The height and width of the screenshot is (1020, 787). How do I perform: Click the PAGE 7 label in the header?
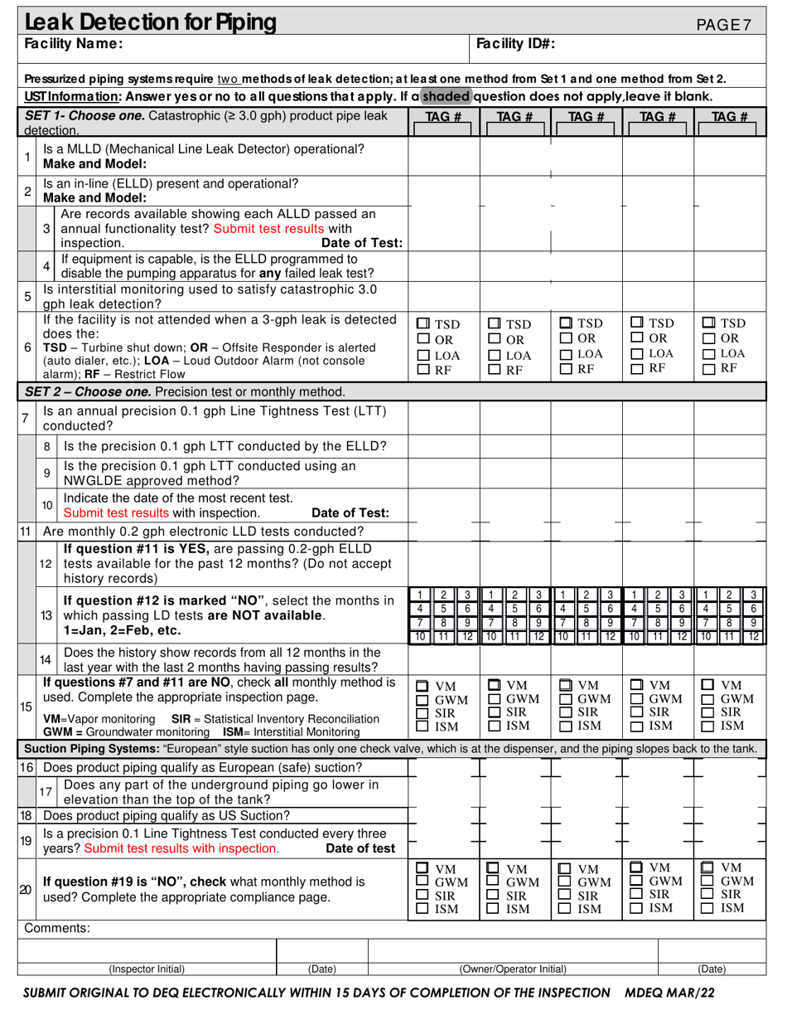(x=723, y=25)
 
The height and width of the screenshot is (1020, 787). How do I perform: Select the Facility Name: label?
(x=74, y=44)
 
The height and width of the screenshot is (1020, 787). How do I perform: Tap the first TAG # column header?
(x=443, y=117)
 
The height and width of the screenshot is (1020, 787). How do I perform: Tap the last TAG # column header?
(x=730, y=117)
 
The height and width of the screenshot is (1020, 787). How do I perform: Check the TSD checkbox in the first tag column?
(x=422, y=323)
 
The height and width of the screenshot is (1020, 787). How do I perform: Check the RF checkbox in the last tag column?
(x=709, y=370)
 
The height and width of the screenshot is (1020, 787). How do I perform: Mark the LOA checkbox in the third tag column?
(x=566, y=354)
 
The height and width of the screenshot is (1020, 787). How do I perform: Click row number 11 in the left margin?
(x=25, y=531)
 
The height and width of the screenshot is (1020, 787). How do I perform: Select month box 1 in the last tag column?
(x=705, y=595)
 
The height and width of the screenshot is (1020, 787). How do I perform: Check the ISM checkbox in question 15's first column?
(x=422, y=726)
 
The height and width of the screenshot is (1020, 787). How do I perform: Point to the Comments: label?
(x=57, y=928)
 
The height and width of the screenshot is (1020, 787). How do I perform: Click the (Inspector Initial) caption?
(x=147, y=969)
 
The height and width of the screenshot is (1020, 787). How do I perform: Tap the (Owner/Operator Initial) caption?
(x=513, y=969)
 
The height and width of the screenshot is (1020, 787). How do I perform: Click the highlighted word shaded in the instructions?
(x=447, y=96)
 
